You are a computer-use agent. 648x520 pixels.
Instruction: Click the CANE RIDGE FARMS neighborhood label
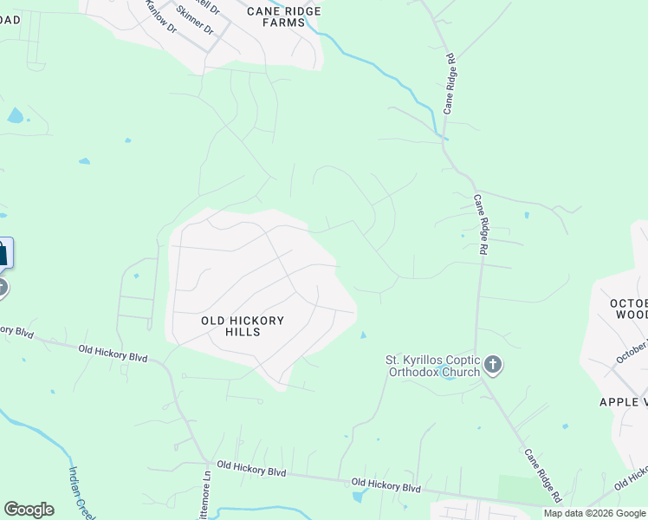click(x=283, y=16)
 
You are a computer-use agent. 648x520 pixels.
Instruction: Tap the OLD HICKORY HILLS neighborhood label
click(x=243, y=326)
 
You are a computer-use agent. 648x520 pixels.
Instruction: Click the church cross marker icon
click(x=493, y=365)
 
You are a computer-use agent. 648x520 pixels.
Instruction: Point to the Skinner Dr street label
click(x=194, y=19)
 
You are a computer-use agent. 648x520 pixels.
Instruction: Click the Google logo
click(x=29, y=510)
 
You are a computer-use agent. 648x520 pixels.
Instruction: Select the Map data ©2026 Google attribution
click(x=594, y=513)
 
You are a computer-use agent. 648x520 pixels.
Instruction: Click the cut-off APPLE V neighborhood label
click(x=623, y=401)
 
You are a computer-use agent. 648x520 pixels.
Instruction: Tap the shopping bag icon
click(x=3, y=254)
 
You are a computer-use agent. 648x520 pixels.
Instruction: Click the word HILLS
click(x=243, y=332)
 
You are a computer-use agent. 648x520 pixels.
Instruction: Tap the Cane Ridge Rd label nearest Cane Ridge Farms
click(x=450, y=83)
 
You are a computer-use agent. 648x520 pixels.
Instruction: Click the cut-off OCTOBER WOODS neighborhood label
click(x=629, y=309)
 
